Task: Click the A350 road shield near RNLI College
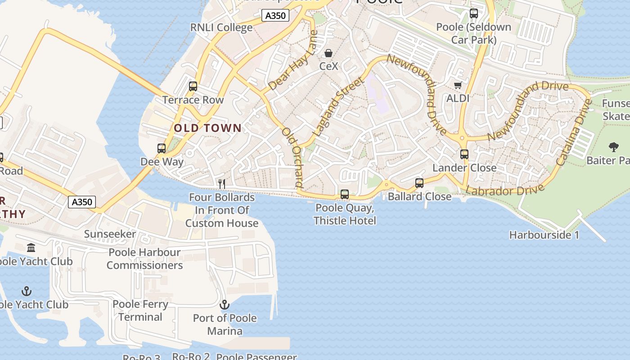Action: [275, 16]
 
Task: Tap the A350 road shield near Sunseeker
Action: [82, 202]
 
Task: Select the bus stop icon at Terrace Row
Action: [193, 86]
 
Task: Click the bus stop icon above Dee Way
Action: [162, 148]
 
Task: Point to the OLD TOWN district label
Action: [208, 128]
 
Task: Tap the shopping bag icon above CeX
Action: [328, 54]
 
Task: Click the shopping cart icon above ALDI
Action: [458, 85]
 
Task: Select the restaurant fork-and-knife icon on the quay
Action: [221, 184]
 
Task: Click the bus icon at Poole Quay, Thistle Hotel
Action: [345, 194]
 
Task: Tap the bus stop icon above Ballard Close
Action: [419, 183]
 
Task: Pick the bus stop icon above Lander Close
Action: [464, 154]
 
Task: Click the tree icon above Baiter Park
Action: [613, 147]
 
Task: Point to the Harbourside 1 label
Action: [544, 235]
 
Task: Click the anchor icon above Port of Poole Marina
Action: [225, 305]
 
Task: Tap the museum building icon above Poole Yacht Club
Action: [31, 247]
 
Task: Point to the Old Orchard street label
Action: [293, 157]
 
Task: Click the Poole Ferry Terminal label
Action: [140, 310]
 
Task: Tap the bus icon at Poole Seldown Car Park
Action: [474, 13]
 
